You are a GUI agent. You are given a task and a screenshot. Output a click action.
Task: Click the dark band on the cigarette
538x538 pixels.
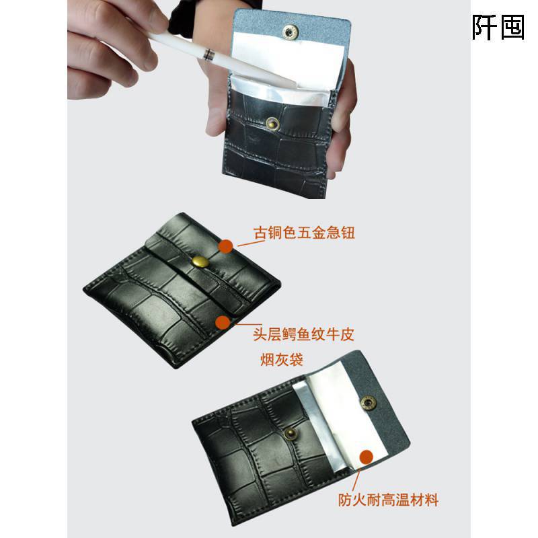point(208,51)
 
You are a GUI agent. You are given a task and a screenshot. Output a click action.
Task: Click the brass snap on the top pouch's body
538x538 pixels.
point(273,122)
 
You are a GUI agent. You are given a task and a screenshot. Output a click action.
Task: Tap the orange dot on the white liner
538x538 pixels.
point(366,457)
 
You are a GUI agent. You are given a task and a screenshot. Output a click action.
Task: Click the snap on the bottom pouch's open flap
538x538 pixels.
point(368,402)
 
